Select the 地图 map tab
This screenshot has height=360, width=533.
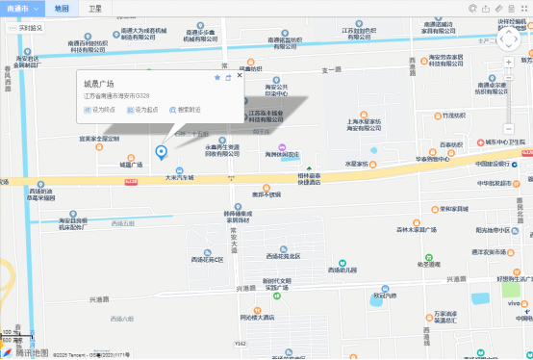pyautogui.click(x=62, y=8)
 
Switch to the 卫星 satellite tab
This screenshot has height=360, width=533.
pyautogui.click(x=94, y=8)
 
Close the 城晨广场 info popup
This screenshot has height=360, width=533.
pyautogui.click(x=240, y=76)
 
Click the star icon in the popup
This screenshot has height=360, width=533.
pyautogui.click(x=218, y=77)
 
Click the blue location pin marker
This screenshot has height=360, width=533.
pyautogui.click(x=161, y=151)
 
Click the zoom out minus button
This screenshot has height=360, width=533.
pyautogui.click(x=509, y=128)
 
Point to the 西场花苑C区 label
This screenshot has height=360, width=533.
pyautogui.click(x=206, y=260)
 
